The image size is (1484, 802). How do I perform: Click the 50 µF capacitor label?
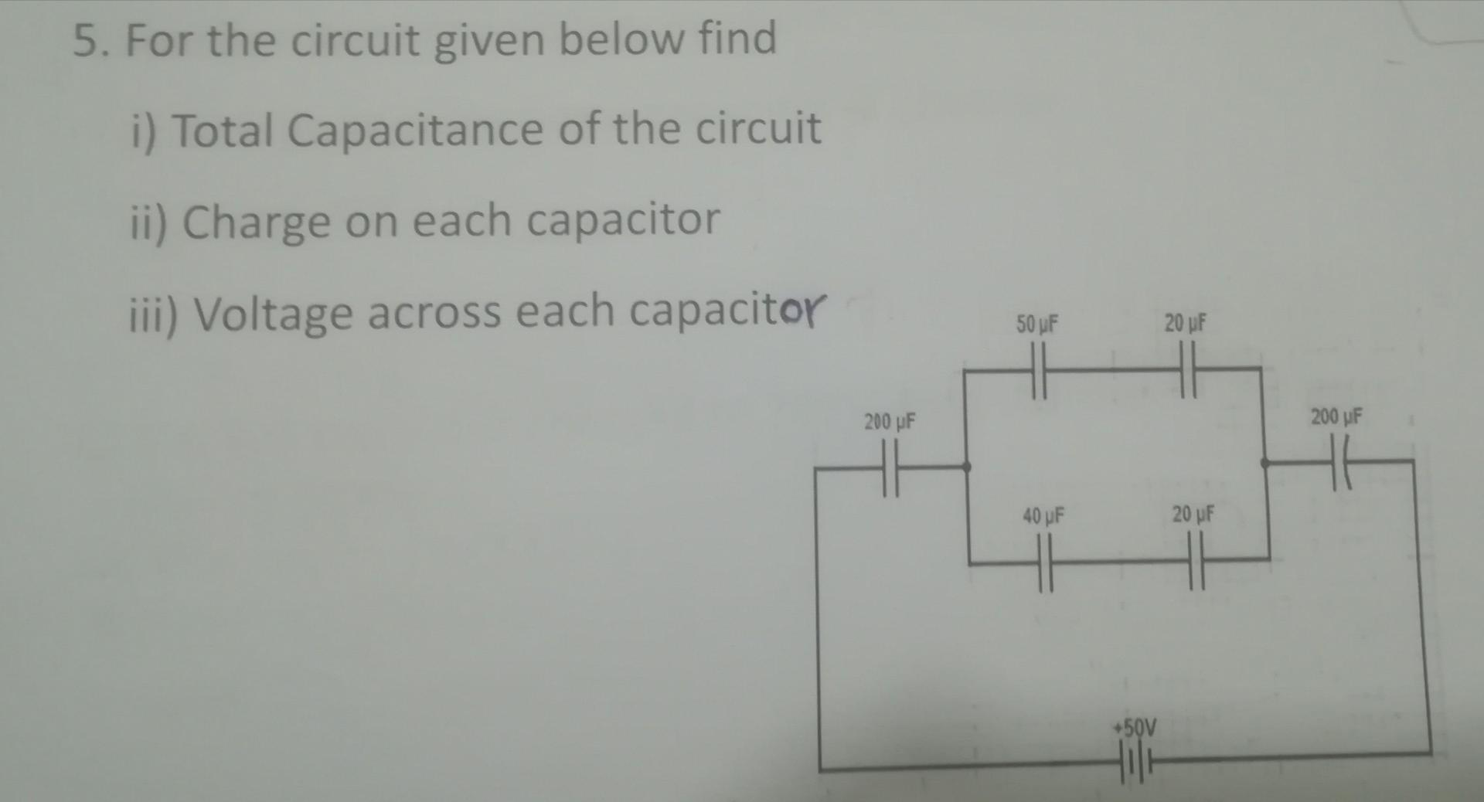(x=1036, y=325)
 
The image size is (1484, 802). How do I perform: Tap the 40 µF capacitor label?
(x=1043, y=515)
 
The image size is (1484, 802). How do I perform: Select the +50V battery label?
(x=1135, y=727)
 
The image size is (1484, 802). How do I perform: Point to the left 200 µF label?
(x=890, y=422)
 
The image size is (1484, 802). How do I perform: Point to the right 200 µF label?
(x=1336, y=417)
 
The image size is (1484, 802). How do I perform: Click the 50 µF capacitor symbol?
(x=1038, y=370)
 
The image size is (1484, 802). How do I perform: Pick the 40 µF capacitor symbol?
(x=1044, y=564)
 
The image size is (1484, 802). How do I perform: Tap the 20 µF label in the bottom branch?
(x=1193, y=514)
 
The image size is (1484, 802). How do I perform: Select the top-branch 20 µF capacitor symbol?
(x=1188, y=369)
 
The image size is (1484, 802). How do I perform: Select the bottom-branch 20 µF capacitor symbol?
(x=1196, y=562)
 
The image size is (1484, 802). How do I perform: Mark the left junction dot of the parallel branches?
(x=967, y=467)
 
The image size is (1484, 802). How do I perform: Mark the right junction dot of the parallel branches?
(x=1264, y=463)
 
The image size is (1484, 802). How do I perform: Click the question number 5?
(x=87, y=42)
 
